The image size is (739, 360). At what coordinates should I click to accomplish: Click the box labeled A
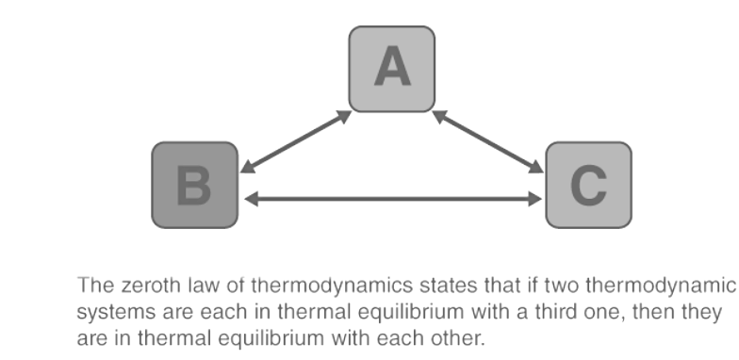(x=392, y=69)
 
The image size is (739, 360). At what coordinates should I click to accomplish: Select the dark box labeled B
(x=195, y=185)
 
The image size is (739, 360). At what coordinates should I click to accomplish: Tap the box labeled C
(x=588, y=185)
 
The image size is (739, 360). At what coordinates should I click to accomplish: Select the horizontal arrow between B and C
(x=392, y=199)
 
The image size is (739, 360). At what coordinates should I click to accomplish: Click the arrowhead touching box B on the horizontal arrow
(x=250, y=199)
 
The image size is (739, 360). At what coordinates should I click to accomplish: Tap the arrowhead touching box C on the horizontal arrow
(x=534, y=199)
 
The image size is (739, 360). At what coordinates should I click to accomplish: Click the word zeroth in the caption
(x=141, y=285)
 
